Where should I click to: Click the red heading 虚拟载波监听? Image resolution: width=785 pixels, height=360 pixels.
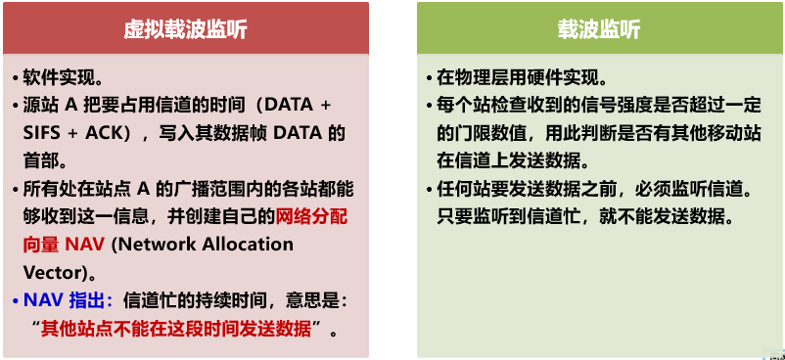186,30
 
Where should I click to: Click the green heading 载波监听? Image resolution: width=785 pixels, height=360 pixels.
599,30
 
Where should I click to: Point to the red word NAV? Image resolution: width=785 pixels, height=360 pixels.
85,245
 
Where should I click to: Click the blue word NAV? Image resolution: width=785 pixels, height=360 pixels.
43,300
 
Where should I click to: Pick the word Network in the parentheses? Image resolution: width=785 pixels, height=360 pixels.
156,245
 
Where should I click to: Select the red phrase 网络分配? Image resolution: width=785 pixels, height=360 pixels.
312,217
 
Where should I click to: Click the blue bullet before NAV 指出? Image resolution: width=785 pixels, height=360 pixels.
16,301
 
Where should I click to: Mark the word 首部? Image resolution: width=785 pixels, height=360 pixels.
41,161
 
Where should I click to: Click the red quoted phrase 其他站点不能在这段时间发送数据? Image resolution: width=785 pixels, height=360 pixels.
176,329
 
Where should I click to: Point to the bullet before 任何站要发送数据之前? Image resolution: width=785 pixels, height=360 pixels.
430,190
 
